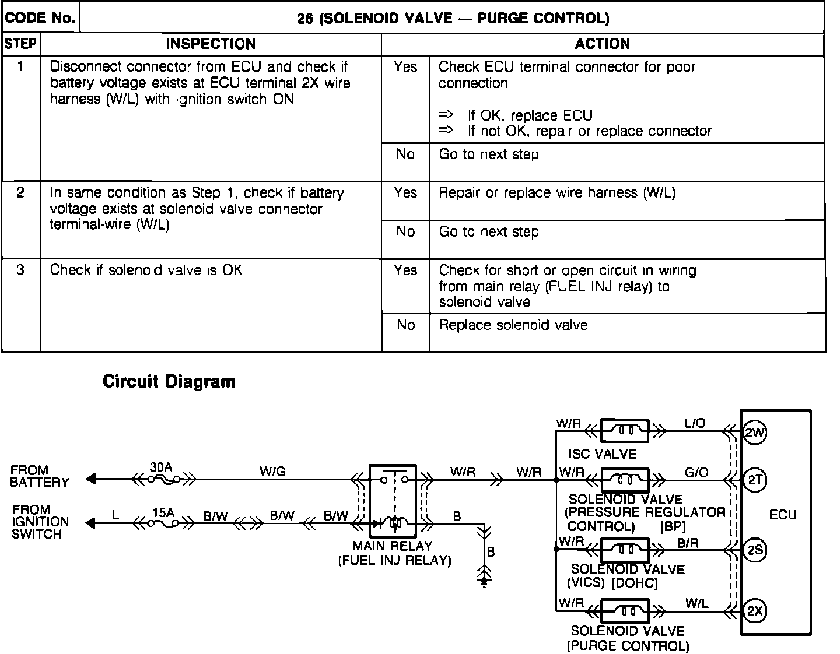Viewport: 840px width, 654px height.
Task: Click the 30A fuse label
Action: pyautogui.click(x=161, y=467)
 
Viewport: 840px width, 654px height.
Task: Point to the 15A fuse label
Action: pyautogui.click(x=163, y=513)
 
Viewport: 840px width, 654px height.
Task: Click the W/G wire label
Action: pyautogui.click(x=273, y=472)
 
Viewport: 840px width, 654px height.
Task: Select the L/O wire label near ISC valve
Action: pyautogui.click(x=695, y=424)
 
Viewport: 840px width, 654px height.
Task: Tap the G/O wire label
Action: pyautogui.click(x=696, y=472)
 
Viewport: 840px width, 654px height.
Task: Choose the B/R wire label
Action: pyautogui.click(x=688, y=543)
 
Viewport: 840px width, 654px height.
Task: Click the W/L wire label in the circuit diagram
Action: pyautogui.click(x=697, y=603)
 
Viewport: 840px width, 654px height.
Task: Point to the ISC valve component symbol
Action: pyautogui.click(x=625, y=431)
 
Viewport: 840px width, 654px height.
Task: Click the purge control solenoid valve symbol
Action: pyautogui.click(x=625, y=612)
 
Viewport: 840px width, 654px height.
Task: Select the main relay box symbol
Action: pyautogui.click(x=393, y=501)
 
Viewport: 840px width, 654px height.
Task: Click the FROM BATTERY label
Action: pyautogui.click(x=40, y=476)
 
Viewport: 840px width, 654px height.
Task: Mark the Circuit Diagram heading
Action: pyautogui.click(x=169, y=382)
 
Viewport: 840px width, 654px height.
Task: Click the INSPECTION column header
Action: pyautogui.click(x=211, y=44)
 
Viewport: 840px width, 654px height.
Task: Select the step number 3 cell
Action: pyautogui.click(x=21, y=270)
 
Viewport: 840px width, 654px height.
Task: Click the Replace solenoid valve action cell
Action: pyautogui.click(x=513, y=325)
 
